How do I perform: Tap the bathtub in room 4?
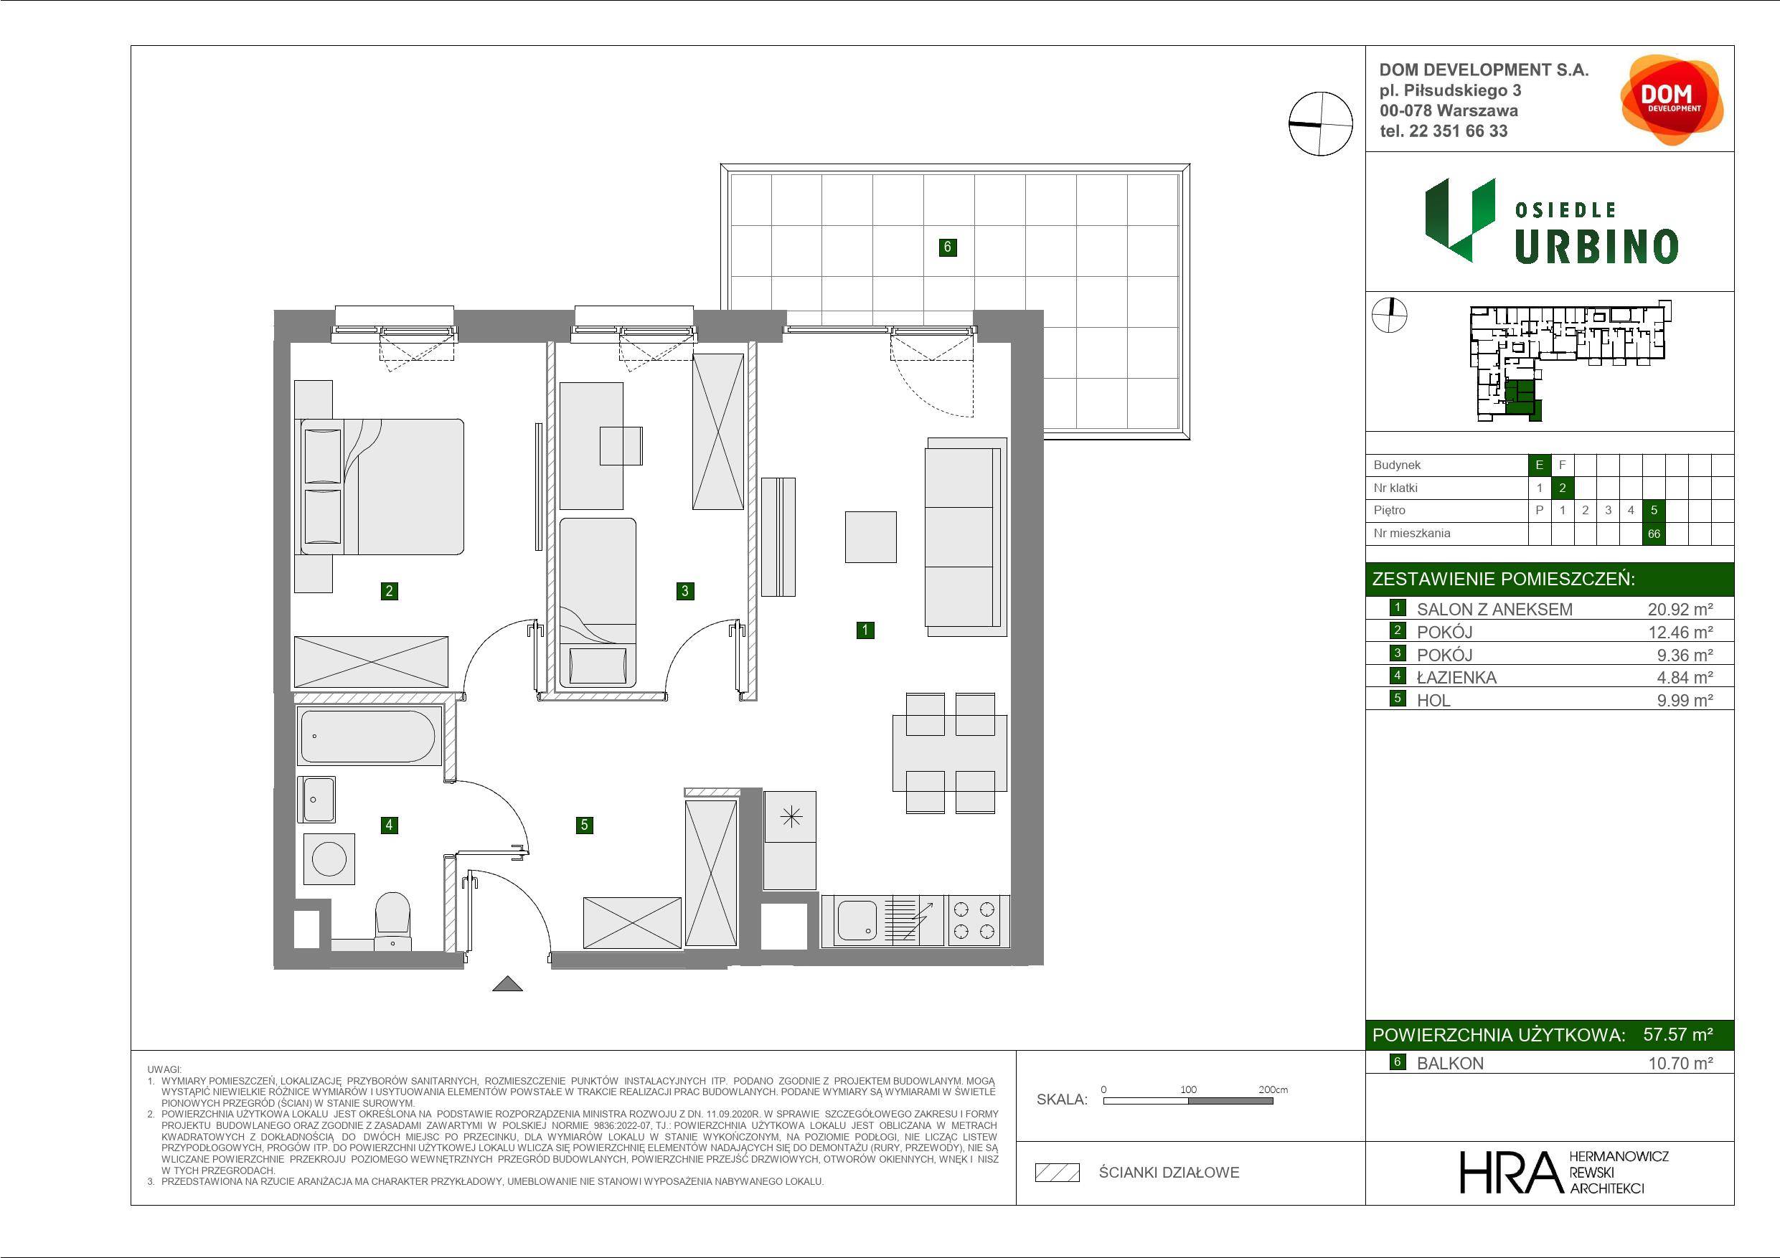(x=367, y=736)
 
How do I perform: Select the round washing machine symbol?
(x=329, y=859)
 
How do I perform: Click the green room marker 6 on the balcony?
(x=946, y=247)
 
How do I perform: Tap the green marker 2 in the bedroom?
(x=389, y=592)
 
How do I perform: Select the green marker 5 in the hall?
(x=585, y=825)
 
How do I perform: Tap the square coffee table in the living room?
(x=870, y=536)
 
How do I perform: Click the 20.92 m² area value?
(x=1680, y=609)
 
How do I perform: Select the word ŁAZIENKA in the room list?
(x=1456, y=678)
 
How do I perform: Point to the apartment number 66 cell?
(x=1654, y=534)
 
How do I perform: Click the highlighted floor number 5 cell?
(x=1654, y=510)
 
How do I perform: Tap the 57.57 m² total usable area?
(x=1677, y=1034)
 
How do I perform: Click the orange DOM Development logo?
(x=1672, y=100)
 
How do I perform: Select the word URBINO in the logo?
(x=1596, y=247)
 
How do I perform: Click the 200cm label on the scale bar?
(x=1273, y=1089)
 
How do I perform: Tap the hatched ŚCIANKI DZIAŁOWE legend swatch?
(x=1058, y=1173)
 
